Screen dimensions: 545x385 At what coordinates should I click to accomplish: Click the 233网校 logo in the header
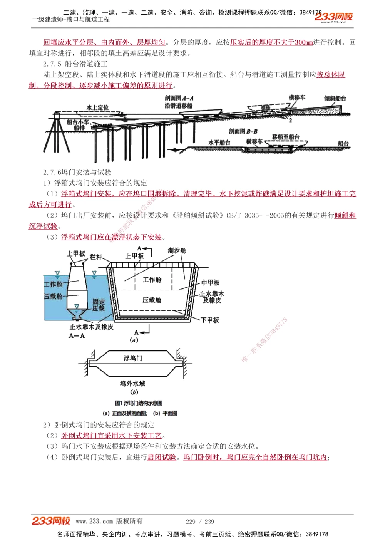point(333,17)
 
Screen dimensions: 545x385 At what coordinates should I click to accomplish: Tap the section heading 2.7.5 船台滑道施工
point(75,64)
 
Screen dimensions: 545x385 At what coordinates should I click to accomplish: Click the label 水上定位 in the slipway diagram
point(97,107)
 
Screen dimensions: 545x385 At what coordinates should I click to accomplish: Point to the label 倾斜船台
point(335,98)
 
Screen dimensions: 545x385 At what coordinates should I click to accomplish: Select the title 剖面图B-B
point(243,131)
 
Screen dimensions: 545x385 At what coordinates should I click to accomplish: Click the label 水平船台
point(219,142)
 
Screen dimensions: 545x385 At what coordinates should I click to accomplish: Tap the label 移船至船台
point(286,137)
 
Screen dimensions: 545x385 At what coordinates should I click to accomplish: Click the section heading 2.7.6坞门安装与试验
point(77,172)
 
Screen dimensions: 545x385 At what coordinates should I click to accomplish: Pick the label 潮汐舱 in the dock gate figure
point(177,251)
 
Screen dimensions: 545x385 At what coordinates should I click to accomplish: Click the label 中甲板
point(210,282)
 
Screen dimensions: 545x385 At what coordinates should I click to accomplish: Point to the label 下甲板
point(210,320)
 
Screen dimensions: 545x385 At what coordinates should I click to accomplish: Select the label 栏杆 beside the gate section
point(96,257)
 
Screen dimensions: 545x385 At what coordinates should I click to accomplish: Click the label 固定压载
point(99,305)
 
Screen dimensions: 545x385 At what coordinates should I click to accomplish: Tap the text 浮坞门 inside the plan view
point(133,358)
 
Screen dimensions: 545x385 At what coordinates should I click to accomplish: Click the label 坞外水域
point(132,384)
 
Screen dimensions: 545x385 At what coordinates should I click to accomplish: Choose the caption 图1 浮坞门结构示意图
point(139,403)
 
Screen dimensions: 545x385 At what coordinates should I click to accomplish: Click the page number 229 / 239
point(200,522)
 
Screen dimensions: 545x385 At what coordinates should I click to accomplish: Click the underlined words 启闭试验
point(162,457)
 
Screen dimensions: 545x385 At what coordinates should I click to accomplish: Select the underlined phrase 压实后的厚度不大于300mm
point(271,42)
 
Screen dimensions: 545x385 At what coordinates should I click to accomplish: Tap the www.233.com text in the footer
point(94,521)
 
